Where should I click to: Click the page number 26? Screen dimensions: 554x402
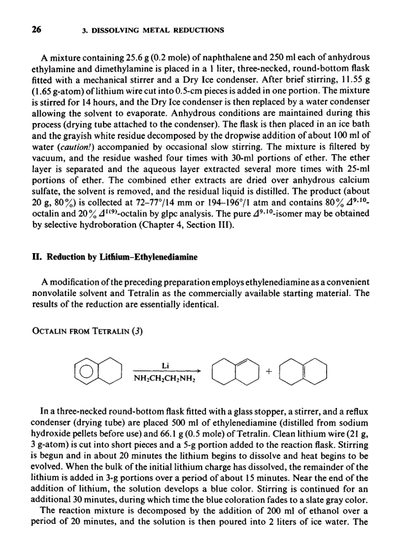[36, 29]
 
